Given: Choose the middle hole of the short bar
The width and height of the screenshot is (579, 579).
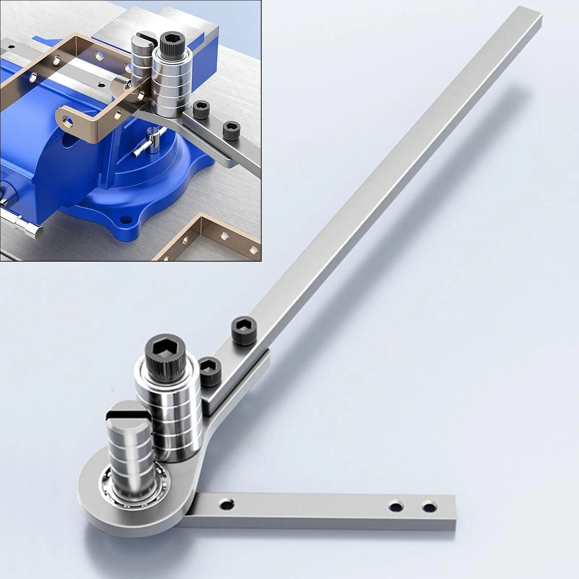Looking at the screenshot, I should point(396,506).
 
